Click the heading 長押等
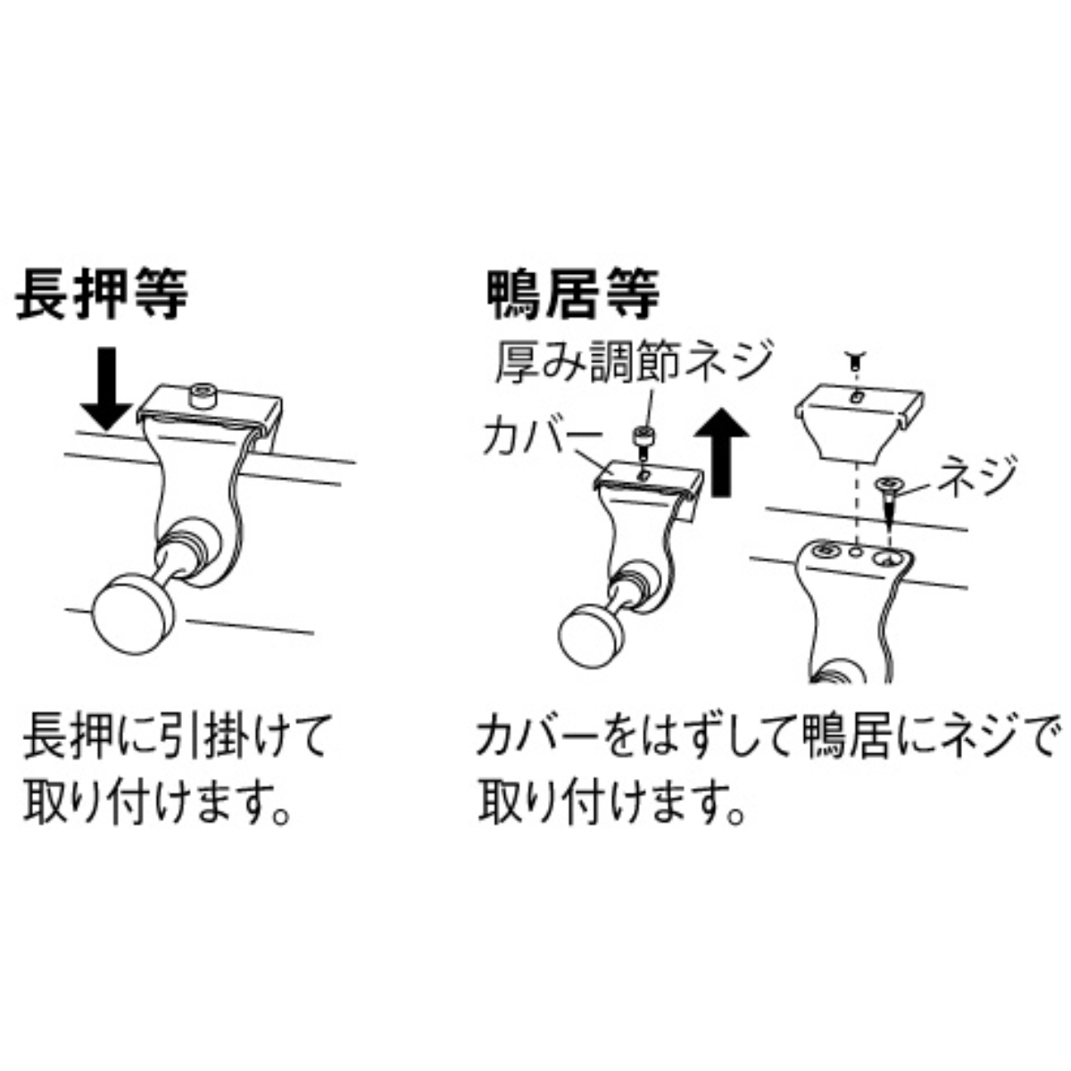point(103,295)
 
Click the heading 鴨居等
point(573,295)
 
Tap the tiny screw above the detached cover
point(854,361)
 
